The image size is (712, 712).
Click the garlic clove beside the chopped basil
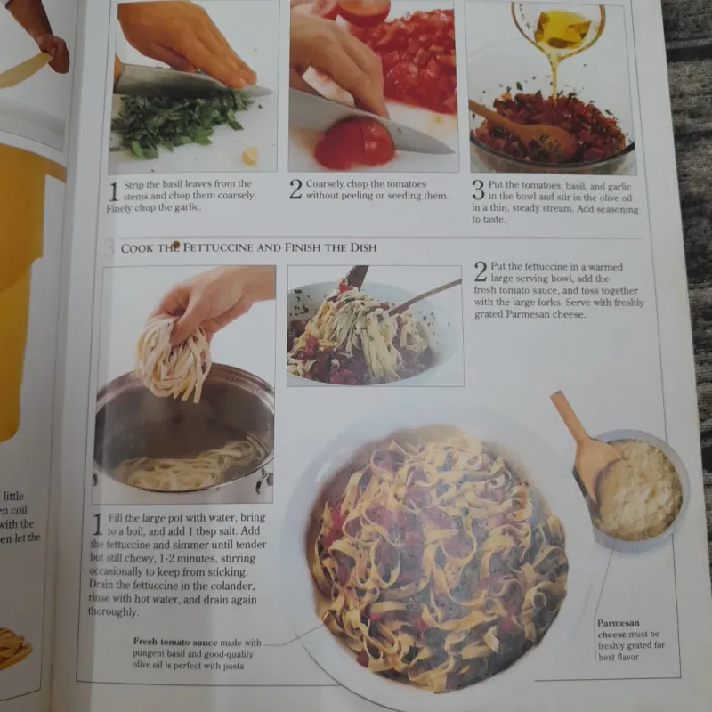click(x=250, y=156)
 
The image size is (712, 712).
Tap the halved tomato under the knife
click(x=354, y=143)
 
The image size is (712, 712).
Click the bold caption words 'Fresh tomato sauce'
click(x=174, y=642)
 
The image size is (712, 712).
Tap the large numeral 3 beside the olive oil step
click(x=478, y=189)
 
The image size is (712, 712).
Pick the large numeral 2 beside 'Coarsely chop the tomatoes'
click(x=295, y=189)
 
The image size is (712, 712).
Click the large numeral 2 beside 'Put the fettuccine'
click(x=480, y=271)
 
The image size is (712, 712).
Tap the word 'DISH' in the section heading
click(x=356, y=247)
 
